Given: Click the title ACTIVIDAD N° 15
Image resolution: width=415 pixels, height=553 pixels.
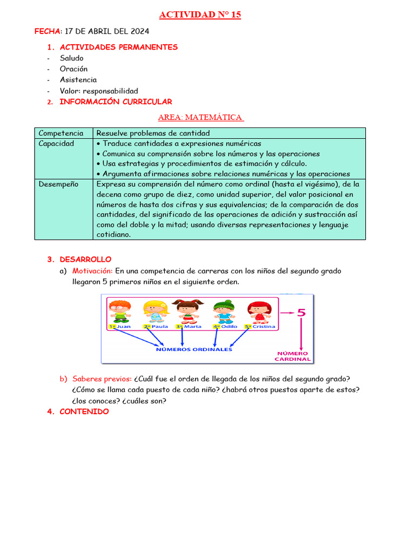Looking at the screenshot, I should click(200, 15).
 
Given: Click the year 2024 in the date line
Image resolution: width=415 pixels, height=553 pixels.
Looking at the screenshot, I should click(139, 31).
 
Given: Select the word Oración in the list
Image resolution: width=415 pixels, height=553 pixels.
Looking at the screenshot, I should click(73, 69).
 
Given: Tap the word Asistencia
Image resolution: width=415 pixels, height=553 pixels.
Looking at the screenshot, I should click(78, 80).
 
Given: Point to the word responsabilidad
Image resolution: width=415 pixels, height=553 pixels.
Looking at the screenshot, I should click(110, 91).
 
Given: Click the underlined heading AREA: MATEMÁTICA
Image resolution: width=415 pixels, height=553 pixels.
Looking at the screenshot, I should click(200, 117).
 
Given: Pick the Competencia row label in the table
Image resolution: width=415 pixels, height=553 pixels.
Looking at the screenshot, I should click(61, 133).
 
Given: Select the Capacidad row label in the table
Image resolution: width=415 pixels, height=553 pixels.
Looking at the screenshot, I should click(56, 144).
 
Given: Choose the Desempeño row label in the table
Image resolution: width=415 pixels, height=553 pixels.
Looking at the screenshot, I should click(58, 184).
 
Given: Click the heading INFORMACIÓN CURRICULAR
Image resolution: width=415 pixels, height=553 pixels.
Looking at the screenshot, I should click(116, 102).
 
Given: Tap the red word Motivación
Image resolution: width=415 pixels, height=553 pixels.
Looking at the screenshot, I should click(92, 271).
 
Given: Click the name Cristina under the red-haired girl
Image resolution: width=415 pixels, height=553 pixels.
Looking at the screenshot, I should click(263, 326).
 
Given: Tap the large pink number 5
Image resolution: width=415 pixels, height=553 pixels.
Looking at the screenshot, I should click(301, 313).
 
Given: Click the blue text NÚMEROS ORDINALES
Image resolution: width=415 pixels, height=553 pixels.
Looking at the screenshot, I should click(194, 349).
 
